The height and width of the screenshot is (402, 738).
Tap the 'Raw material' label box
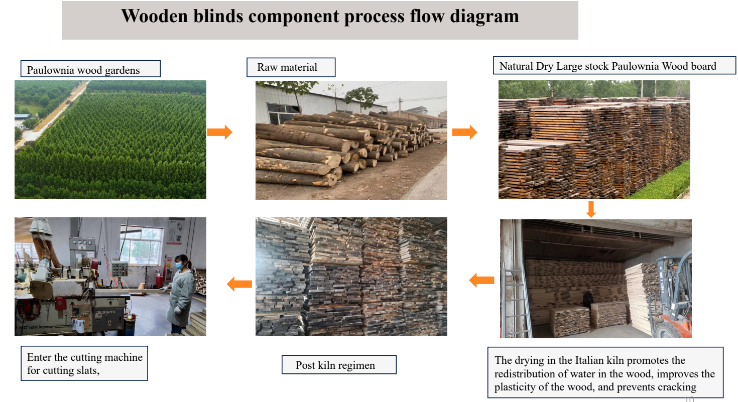[291, 67]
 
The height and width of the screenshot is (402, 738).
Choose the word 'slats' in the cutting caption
[88, 370]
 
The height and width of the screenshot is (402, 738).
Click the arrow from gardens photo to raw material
[220, 132]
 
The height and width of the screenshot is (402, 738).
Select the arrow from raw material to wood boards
[464, 132]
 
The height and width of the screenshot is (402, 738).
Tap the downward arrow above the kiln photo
[591, 209]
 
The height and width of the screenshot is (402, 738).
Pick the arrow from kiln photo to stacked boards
[481, 280]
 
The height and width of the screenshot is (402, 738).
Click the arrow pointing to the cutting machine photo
[239, 284]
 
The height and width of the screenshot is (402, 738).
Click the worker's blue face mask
[179, 265]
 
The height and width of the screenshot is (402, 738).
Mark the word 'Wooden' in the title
[155, 17]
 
